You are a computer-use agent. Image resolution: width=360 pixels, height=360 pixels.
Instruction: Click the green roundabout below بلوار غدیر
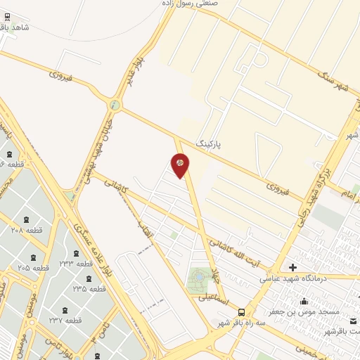[x=115, y=105]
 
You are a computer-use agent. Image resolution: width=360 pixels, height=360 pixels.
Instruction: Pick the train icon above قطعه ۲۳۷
[x=65, y=310]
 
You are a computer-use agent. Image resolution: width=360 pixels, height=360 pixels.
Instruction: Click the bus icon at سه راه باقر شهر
[x=241, y=312]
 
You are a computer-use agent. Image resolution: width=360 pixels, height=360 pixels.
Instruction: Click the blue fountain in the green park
[x=198, y=279]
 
